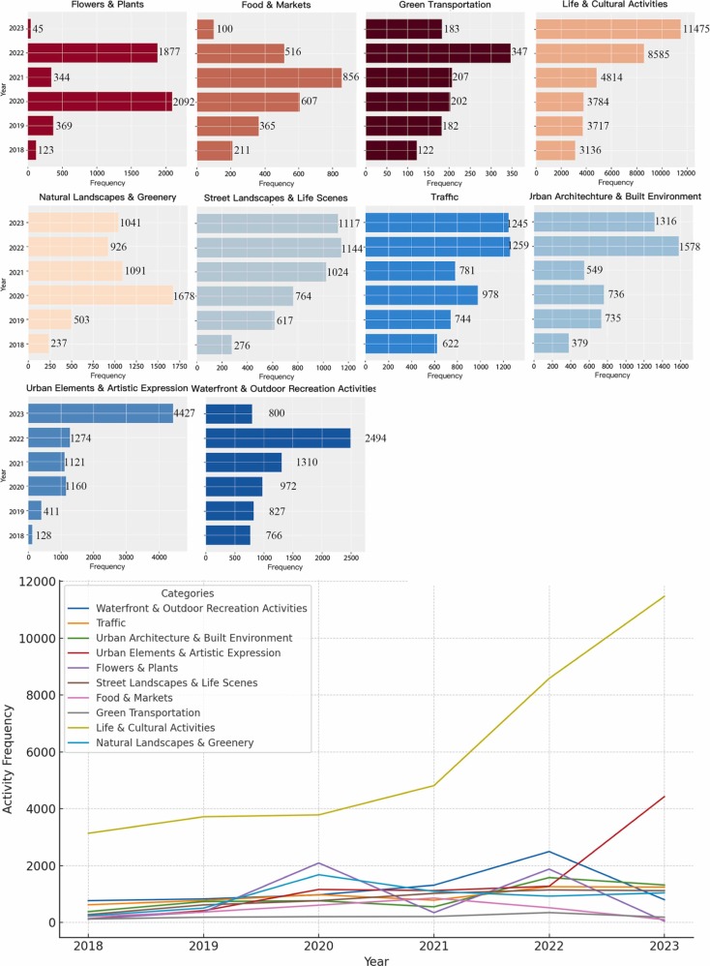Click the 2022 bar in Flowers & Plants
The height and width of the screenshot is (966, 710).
point(93,52)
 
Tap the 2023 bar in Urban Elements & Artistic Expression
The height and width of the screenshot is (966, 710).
point(101,413)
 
